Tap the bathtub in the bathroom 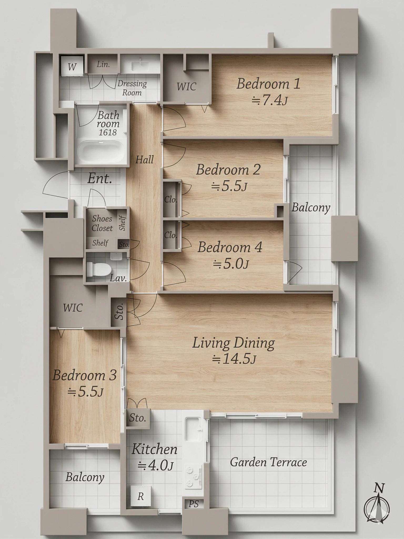pyautogui.click(x=102, y=152)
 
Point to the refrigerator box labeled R pyautogui.click(x=141, y=496)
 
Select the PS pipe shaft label pyautogui.click(x=194, y=504)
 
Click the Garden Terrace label pyautogui.click(x=268, y=462)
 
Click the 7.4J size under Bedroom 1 pyautogui.click(x=269, y=101)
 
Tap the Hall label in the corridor pyautogui.click(x=144, y=159)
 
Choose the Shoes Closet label pyautogui.click(x=102, y=223)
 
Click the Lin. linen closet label pyautogui.click(x=103, y=64)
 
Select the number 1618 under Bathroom pyautogui.click(x=108, y=132)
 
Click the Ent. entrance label pyautogui.click(x=100, y=178)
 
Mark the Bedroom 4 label pyautogui.click(x=230, y=247)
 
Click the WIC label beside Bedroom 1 pyautogui.click(x=186, y=87)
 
